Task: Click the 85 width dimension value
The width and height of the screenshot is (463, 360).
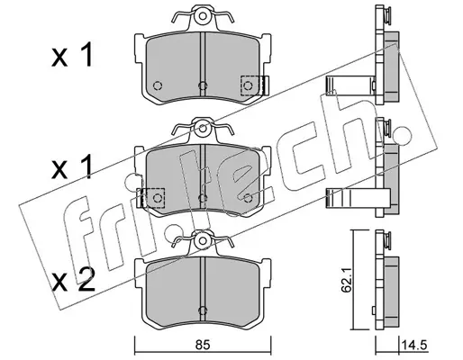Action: (203, 346)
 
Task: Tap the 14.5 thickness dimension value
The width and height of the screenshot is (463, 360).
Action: (413, 346)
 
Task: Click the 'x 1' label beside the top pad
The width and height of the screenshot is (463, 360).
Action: (72, 55)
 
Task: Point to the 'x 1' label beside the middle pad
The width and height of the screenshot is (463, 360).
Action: (72, 168)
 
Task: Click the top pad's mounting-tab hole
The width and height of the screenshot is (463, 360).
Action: (203, 16)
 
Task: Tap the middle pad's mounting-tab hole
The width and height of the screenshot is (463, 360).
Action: (203, 129)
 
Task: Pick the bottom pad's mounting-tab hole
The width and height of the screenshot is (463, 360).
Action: (203, 241)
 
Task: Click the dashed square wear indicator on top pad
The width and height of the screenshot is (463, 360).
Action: (250, 85)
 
